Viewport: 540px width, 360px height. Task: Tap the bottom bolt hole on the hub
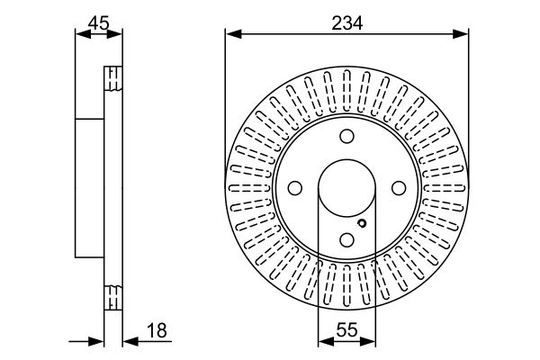(346, 240)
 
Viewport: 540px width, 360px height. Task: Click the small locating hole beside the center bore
(361, 224)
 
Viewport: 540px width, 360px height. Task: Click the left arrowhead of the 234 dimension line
(231, 35)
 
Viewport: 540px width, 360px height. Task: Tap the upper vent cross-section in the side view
(113, 78)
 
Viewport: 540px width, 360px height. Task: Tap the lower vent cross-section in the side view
(113, 296)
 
